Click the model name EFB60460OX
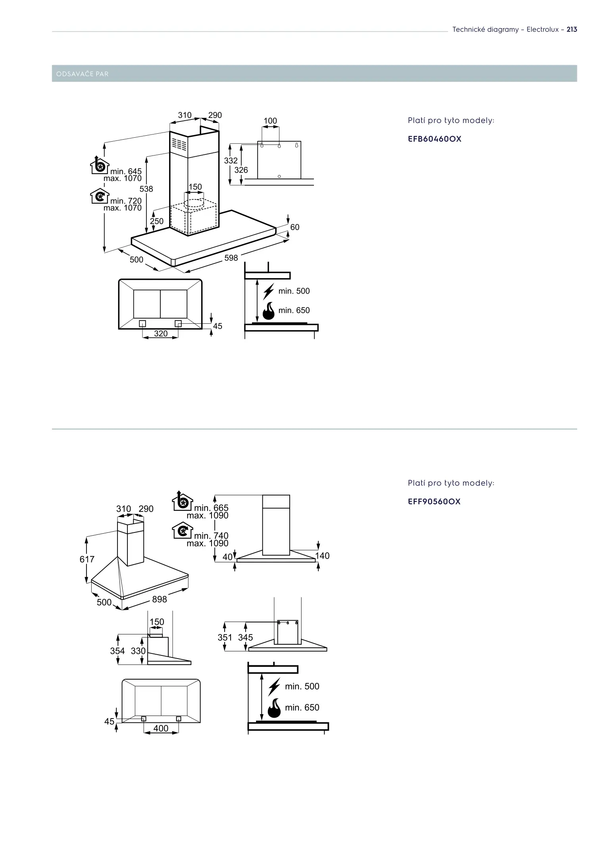[435, 139]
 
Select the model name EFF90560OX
[434, 502]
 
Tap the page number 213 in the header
[571, 29]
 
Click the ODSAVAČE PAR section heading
[83, 74]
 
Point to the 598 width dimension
[231, 258]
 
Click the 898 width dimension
[160, 599]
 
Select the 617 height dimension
[87, 559]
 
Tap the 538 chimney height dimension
[146, 189]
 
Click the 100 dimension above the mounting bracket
[270, 121]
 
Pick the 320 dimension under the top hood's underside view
[161, 334]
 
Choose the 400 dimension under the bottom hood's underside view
[161, 728]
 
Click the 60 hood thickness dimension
[295, 227]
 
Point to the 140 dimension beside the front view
[322, 555]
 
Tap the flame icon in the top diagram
[269, 311]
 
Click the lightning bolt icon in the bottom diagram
[274, 686]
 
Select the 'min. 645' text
[126, 171]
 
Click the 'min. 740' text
[211, 536]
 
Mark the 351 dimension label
[225, 638]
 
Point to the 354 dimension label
[117, 651]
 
